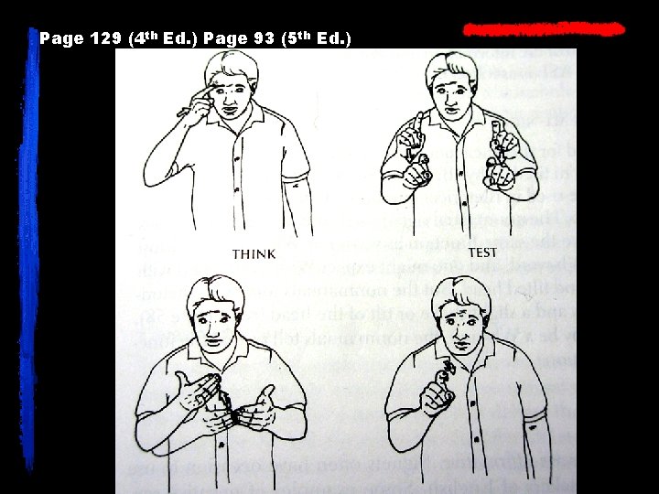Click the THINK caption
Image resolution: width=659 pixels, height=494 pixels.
[254, 253]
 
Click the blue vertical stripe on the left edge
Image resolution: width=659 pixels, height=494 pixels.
[34, 256]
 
